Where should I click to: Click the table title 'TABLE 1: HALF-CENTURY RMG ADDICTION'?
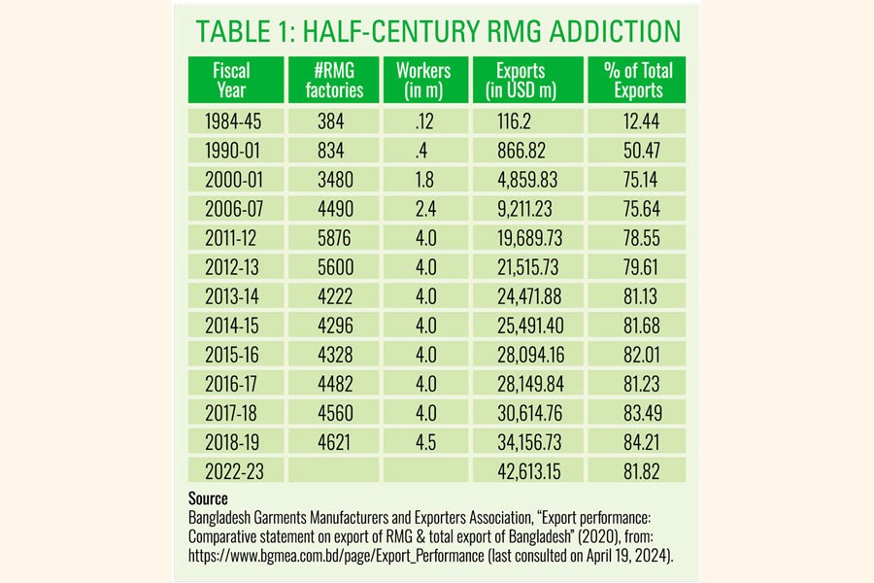click(x=438, y=32)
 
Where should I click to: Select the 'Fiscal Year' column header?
click(x=232, y=81)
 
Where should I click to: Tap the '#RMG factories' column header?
click(x=332, y=81)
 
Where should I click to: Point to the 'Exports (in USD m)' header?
click(x=525, y=81)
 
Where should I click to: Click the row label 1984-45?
click(x=233, y=122)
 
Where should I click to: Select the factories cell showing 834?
click(x=332, y=152)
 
